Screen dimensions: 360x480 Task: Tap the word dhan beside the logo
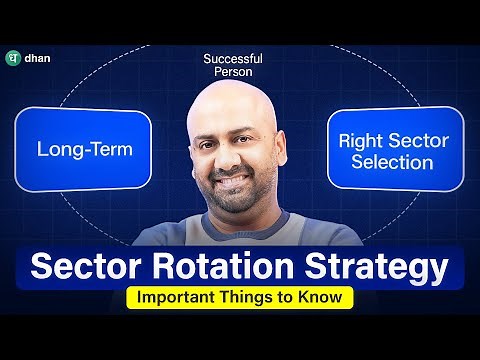point(41,58)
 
